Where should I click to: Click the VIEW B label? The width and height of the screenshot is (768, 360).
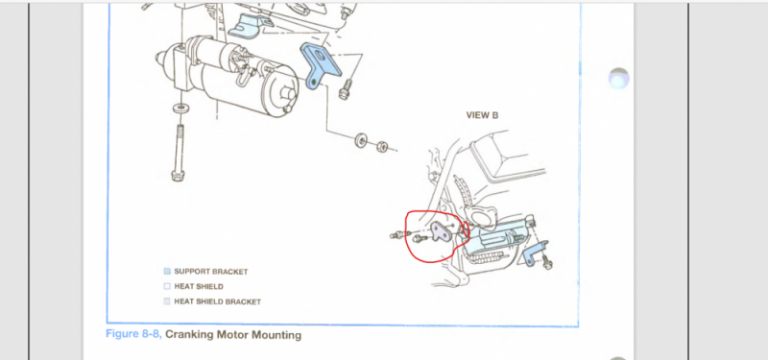pyautogui.click(x=482, y=115)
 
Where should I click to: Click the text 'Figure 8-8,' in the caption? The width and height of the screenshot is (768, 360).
pyautogui.click(x=133, y=335)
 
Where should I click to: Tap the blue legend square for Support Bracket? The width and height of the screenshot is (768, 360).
pyautogui.click(x=167, y=272)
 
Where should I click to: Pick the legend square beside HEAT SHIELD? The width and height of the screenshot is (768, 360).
pyautogui.click(x=167, y=286)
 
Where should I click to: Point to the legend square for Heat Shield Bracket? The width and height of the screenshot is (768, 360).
pyautogui.click(x=167, y=301)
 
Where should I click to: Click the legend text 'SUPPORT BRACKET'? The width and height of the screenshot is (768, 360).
pyautogui.click(x=211, y=272)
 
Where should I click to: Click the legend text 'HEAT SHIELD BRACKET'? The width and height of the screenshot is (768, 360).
pyautogui.click(x=218, y=301)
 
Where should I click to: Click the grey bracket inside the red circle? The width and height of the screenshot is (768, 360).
pyautogui.click(x=443, y=233)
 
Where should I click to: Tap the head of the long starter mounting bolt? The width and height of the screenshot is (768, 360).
pyautogui.click(x=179, y=175)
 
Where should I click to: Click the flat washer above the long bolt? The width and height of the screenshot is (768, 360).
pyautogui.click(x=180, y=107)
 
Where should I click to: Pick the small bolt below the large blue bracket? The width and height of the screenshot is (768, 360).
pyautogui.click(x=345, y=88)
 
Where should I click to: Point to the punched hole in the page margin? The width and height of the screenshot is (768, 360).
pyautogui.click(x=618, y=79)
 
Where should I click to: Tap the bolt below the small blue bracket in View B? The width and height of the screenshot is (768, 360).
pyautogui.click(x=547, y=263)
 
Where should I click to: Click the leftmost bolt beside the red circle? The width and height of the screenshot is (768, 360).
pyautogui.click(x=396, y=236)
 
